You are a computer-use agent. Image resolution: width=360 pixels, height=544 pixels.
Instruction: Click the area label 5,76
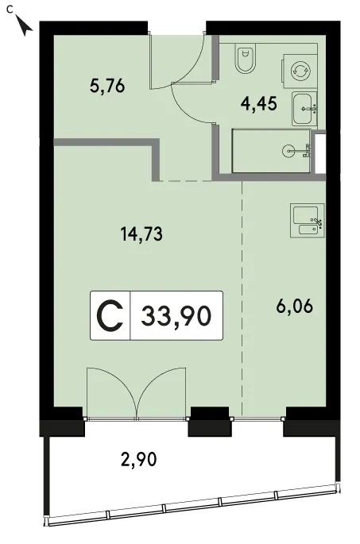(x=107, y=86)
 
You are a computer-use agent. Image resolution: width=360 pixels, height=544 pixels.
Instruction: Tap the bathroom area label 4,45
(x=259, y=103)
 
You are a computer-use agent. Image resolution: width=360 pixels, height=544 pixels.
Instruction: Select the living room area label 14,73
(x=141, y=233)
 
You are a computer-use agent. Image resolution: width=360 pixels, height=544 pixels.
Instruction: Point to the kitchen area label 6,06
(x=295, y=307)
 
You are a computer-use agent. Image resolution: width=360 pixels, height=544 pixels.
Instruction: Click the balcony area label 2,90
(x=138, y=460)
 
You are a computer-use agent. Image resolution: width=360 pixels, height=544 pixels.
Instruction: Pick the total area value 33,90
(x=176, y=316)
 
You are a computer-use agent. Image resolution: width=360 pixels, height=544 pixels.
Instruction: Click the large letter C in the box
(x=110, y=316)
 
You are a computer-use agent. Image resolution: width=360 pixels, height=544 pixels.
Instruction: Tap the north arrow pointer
(x=25, y=26)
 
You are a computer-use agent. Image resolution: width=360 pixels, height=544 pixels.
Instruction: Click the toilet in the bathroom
(x=246, y=58)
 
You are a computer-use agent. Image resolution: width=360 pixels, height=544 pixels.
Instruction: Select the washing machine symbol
(x=300, y=71)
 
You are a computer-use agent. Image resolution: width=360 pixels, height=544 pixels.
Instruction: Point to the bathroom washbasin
(x=304, y=109)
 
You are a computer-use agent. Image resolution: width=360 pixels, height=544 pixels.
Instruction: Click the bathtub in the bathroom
(x=271, y=151)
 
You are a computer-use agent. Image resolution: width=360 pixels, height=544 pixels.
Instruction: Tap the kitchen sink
(x=308, y=221)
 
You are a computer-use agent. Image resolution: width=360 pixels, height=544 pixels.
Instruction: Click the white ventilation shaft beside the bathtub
(x=319, y=152)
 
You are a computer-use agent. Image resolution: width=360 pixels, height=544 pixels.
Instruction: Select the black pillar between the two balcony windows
(x=209, y=421)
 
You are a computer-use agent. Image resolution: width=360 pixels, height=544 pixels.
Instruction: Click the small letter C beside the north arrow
(x=10, y=10)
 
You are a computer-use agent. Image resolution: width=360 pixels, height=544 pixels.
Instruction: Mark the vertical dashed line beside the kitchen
(x=242, y=298)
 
